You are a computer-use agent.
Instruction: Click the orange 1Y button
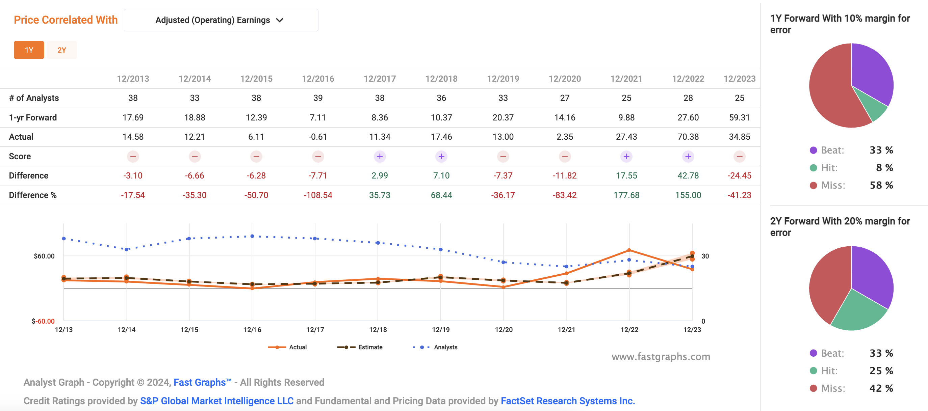pyautogui.click(x=29, y=50)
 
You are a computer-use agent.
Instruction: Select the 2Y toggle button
pyautogui.click(x=61, y=50)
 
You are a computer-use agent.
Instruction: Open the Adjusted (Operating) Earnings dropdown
pyautogui.click(x=221, y=20)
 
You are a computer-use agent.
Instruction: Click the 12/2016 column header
pyautogui.click(x=318, y=79)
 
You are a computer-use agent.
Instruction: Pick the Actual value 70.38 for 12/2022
pyautogui.click(x=688, y=137)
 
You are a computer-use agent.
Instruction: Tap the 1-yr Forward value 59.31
pyautogui.click(x=739, y=117)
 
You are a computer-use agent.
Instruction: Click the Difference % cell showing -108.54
pyautogui.click(x=318, y=195)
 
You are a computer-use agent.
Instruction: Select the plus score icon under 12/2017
pyautogui.click(x=379, y=156)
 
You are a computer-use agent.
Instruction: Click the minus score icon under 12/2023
pyautogui.click(x=739, y=156)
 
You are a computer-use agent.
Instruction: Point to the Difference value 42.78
pyautogui.click(x=688, y=175)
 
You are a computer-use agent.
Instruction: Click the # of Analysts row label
pyautogui.click(x=34, y=98)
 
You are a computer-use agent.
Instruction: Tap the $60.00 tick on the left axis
pyautogui.click(x=44, y=256)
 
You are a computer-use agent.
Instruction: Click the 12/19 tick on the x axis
pyautogui.click(x=441, y=330)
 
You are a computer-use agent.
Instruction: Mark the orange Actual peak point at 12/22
pyautogui.click(x=629, y=250)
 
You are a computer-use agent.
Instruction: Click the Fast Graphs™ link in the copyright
pyautogui.click(x=202, y=382)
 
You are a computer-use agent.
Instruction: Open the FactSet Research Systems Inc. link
pyautogui.click(x=567, y=401)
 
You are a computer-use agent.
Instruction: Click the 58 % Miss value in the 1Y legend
pyautogui.click(x=881, y=185)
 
